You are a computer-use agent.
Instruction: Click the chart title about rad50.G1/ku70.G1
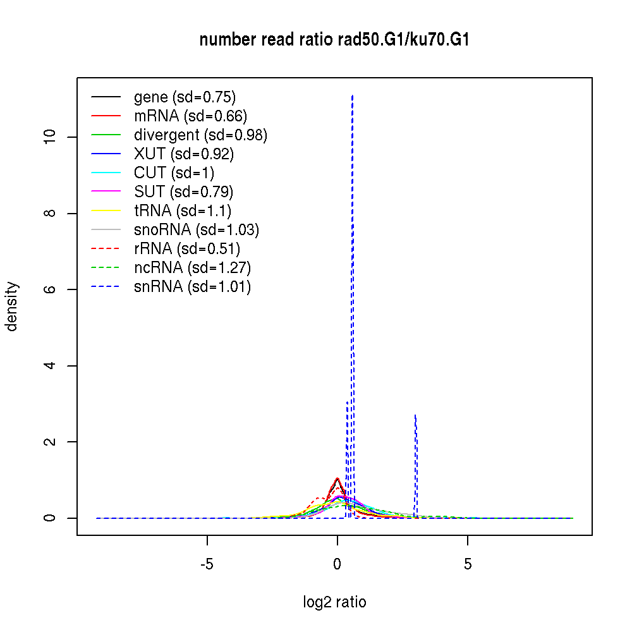pyautogui.click(x=334, y=40)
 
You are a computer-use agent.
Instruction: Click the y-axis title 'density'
pyautogui.click(x=12, y=307)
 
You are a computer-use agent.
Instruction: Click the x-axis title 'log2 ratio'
pyautogui.click(x=334, y=602)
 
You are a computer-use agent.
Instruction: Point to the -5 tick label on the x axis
pyautogui.click(x=207, y=564)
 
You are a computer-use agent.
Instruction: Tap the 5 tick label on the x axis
pyautogui.click(x=468, y=564)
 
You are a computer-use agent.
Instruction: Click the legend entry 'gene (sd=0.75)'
pyautogui.click(x=185, y=97)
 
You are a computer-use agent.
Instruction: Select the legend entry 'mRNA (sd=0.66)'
pyautogui.click(x=190, y=116)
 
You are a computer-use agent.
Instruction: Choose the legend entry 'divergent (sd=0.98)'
pyautogui.click(x=200, y=135)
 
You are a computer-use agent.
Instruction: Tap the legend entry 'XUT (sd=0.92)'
pyautogui.click(x=184, y=154)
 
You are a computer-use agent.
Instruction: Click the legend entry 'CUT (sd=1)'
pyautogui.click(x=174, y=173)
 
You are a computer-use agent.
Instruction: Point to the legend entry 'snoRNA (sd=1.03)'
pyautogui.click(x=197, y=230)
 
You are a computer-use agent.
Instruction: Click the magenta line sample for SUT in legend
pyautogui.click(x=106, y=192)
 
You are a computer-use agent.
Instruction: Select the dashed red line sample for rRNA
pyautogui.click(x=106, y=249)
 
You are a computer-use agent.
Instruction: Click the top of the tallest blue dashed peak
pyautogui.click(x=352, y=95)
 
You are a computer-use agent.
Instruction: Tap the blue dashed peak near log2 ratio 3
pyautogui.click(x=415, y=416)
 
